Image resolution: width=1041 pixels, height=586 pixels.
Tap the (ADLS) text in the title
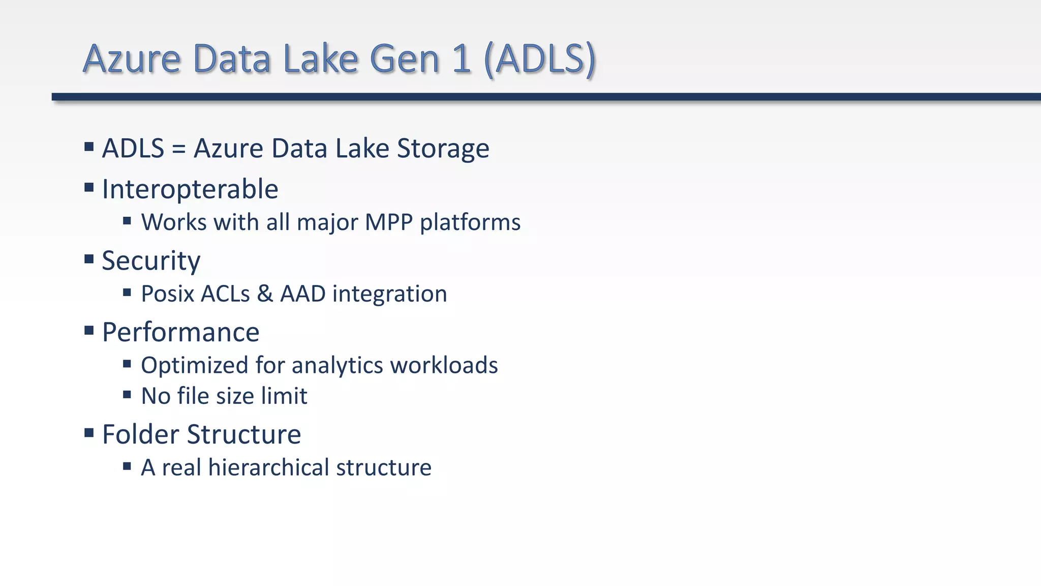(x=540, y=59)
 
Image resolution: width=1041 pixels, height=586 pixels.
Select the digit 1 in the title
(x=461, y=59)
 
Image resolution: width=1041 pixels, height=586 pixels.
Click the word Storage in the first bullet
(x=443, y=149)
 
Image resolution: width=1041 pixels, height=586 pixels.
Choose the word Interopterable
(x=190, y=189)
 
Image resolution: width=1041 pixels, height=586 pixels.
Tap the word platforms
(x=470, y=222)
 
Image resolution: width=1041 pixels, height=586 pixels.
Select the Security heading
(x=151, y=261)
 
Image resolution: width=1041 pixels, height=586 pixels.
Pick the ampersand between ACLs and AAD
(x=265, y=294)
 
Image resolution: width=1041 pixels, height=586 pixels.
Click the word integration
(x=389, y=294)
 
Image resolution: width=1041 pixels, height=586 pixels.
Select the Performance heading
(x=180, y=332)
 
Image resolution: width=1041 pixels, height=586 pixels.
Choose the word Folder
(x=141, y=434)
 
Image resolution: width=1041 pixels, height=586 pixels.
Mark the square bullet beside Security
(x=89, y=259)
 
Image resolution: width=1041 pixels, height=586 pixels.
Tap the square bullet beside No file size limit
(x=127, y=395)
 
